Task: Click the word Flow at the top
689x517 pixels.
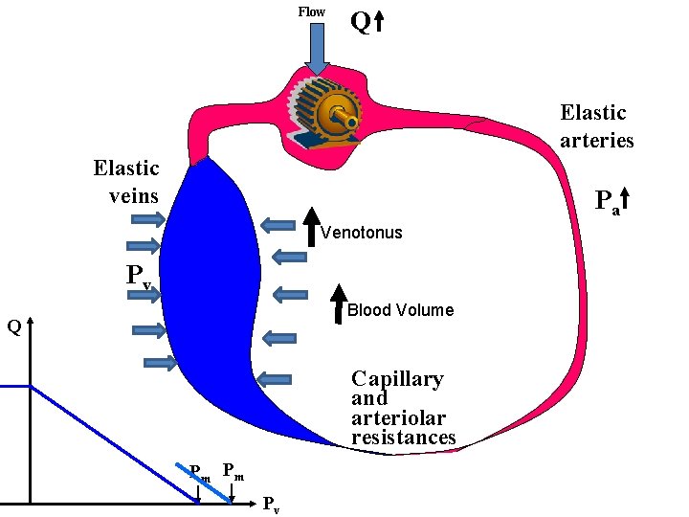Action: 311,11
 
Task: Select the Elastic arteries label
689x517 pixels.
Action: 596,126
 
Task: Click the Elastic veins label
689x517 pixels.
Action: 125,182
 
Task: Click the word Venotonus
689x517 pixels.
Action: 361,233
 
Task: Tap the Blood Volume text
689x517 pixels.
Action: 400,310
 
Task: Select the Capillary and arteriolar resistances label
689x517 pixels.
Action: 402,408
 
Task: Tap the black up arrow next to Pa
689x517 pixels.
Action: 626,198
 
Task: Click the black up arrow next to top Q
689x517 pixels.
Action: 378,21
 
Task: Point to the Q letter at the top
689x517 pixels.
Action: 360,21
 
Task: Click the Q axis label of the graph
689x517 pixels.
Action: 13,327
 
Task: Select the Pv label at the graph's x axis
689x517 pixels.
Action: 271,505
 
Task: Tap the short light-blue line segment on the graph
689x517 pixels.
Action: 205,483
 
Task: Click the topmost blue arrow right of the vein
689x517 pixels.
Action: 278,225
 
